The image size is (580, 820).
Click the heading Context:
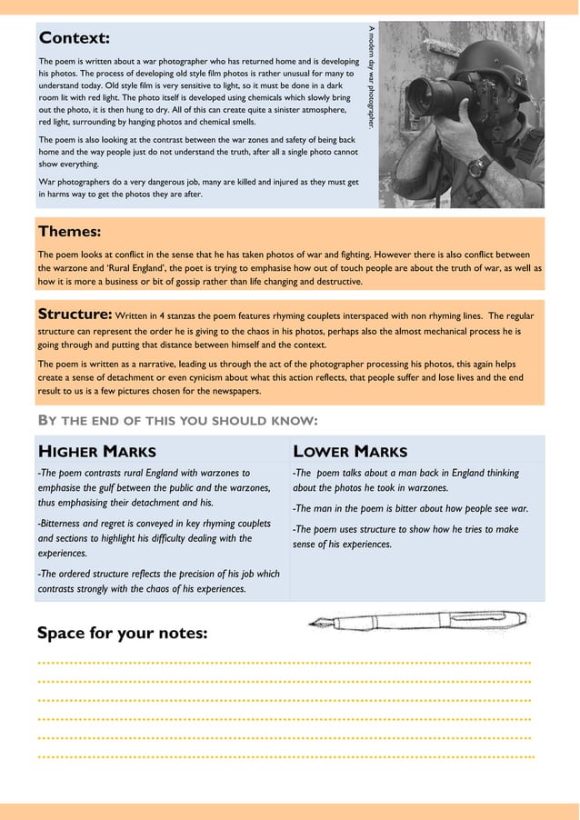[x=75, y=38]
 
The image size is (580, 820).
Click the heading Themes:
[x=69, y=232]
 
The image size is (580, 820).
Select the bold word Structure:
[x=75, y=314]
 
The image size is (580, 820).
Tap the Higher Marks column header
[x=96, y=451]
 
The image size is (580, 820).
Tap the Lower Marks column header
[x=350, y=451]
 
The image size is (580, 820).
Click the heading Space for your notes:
[x=122, y=633]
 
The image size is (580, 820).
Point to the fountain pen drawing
[x=417, y=623]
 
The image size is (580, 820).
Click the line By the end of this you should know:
[x=177, y=420]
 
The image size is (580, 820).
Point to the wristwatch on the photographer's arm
[x=481, y=166]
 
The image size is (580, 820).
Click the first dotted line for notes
[x=284, y=663]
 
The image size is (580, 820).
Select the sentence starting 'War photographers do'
[x=198, y=188]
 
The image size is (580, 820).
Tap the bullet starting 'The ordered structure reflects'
[x=158, y=581]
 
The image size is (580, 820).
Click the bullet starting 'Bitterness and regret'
[x=153, y=537]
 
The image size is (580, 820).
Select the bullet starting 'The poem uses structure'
[x=405, y=536]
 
